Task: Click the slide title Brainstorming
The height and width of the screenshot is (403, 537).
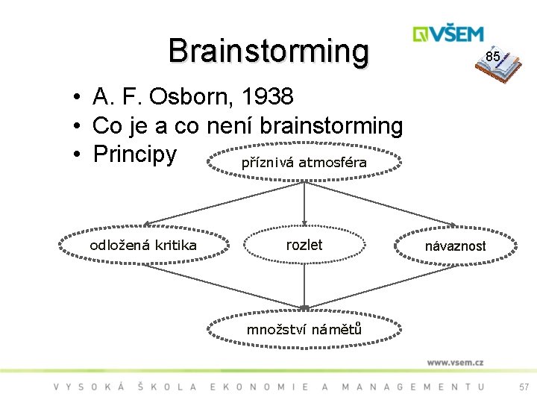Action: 268,51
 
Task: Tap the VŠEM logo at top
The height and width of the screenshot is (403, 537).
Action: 449,34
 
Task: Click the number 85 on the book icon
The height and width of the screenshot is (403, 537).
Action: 492,57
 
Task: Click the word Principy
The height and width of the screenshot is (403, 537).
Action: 135,154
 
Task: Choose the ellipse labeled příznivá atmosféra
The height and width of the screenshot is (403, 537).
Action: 304,162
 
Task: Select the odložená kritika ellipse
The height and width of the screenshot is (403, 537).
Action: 143,246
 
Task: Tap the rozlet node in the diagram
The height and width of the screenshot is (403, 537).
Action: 304,245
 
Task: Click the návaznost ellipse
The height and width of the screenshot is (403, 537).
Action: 455,246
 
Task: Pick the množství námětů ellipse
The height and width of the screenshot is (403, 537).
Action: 304,329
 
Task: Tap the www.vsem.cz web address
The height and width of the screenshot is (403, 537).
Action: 455,363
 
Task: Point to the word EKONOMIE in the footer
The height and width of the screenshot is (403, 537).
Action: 260,387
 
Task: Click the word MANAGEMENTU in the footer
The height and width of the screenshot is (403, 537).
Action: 412,387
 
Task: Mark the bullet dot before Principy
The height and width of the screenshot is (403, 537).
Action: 77,155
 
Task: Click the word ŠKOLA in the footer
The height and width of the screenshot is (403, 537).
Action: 168,387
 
